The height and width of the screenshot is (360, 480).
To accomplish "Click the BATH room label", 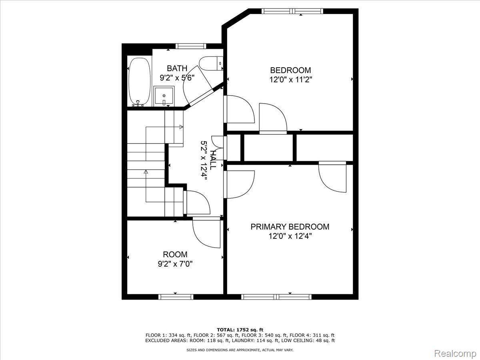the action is [177, 68].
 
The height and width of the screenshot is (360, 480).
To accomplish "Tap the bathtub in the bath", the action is [140, 82].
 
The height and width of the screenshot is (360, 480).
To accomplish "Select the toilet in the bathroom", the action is [211, 63].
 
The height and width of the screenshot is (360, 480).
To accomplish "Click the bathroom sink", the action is [164, 96].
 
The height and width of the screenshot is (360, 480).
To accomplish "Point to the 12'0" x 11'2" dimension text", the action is [290, 80].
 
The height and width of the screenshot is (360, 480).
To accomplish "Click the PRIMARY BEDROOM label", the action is [290, 227].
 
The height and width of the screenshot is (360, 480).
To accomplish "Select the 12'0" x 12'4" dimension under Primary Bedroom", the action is [290, 236].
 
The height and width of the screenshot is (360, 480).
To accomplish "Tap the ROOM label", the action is [175, 254].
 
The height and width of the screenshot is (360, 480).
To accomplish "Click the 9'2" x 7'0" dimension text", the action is [175, 264].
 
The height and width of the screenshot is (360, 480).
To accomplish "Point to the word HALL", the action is [212, 160].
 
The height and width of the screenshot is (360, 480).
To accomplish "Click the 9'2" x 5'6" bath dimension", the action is [177, 78].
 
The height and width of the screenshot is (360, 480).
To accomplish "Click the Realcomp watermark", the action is [455, 353].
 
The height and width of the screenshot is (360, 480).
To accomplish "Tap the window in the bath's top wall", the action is [191, 46].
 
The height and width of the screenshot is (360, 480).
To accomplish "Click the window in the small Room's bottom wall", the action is [176, 297].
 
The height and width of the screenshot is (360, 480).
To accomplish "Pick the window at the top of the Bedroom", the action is [292, 11].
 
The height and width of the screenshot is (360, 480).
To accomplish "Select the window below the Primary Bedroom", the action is [276, 297].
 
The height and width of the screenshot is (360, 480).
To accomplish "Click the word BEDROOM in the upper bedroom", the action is [290, 70].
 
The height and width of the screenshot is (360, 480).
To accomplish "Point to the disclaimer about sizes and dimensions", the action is [240, 350].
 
